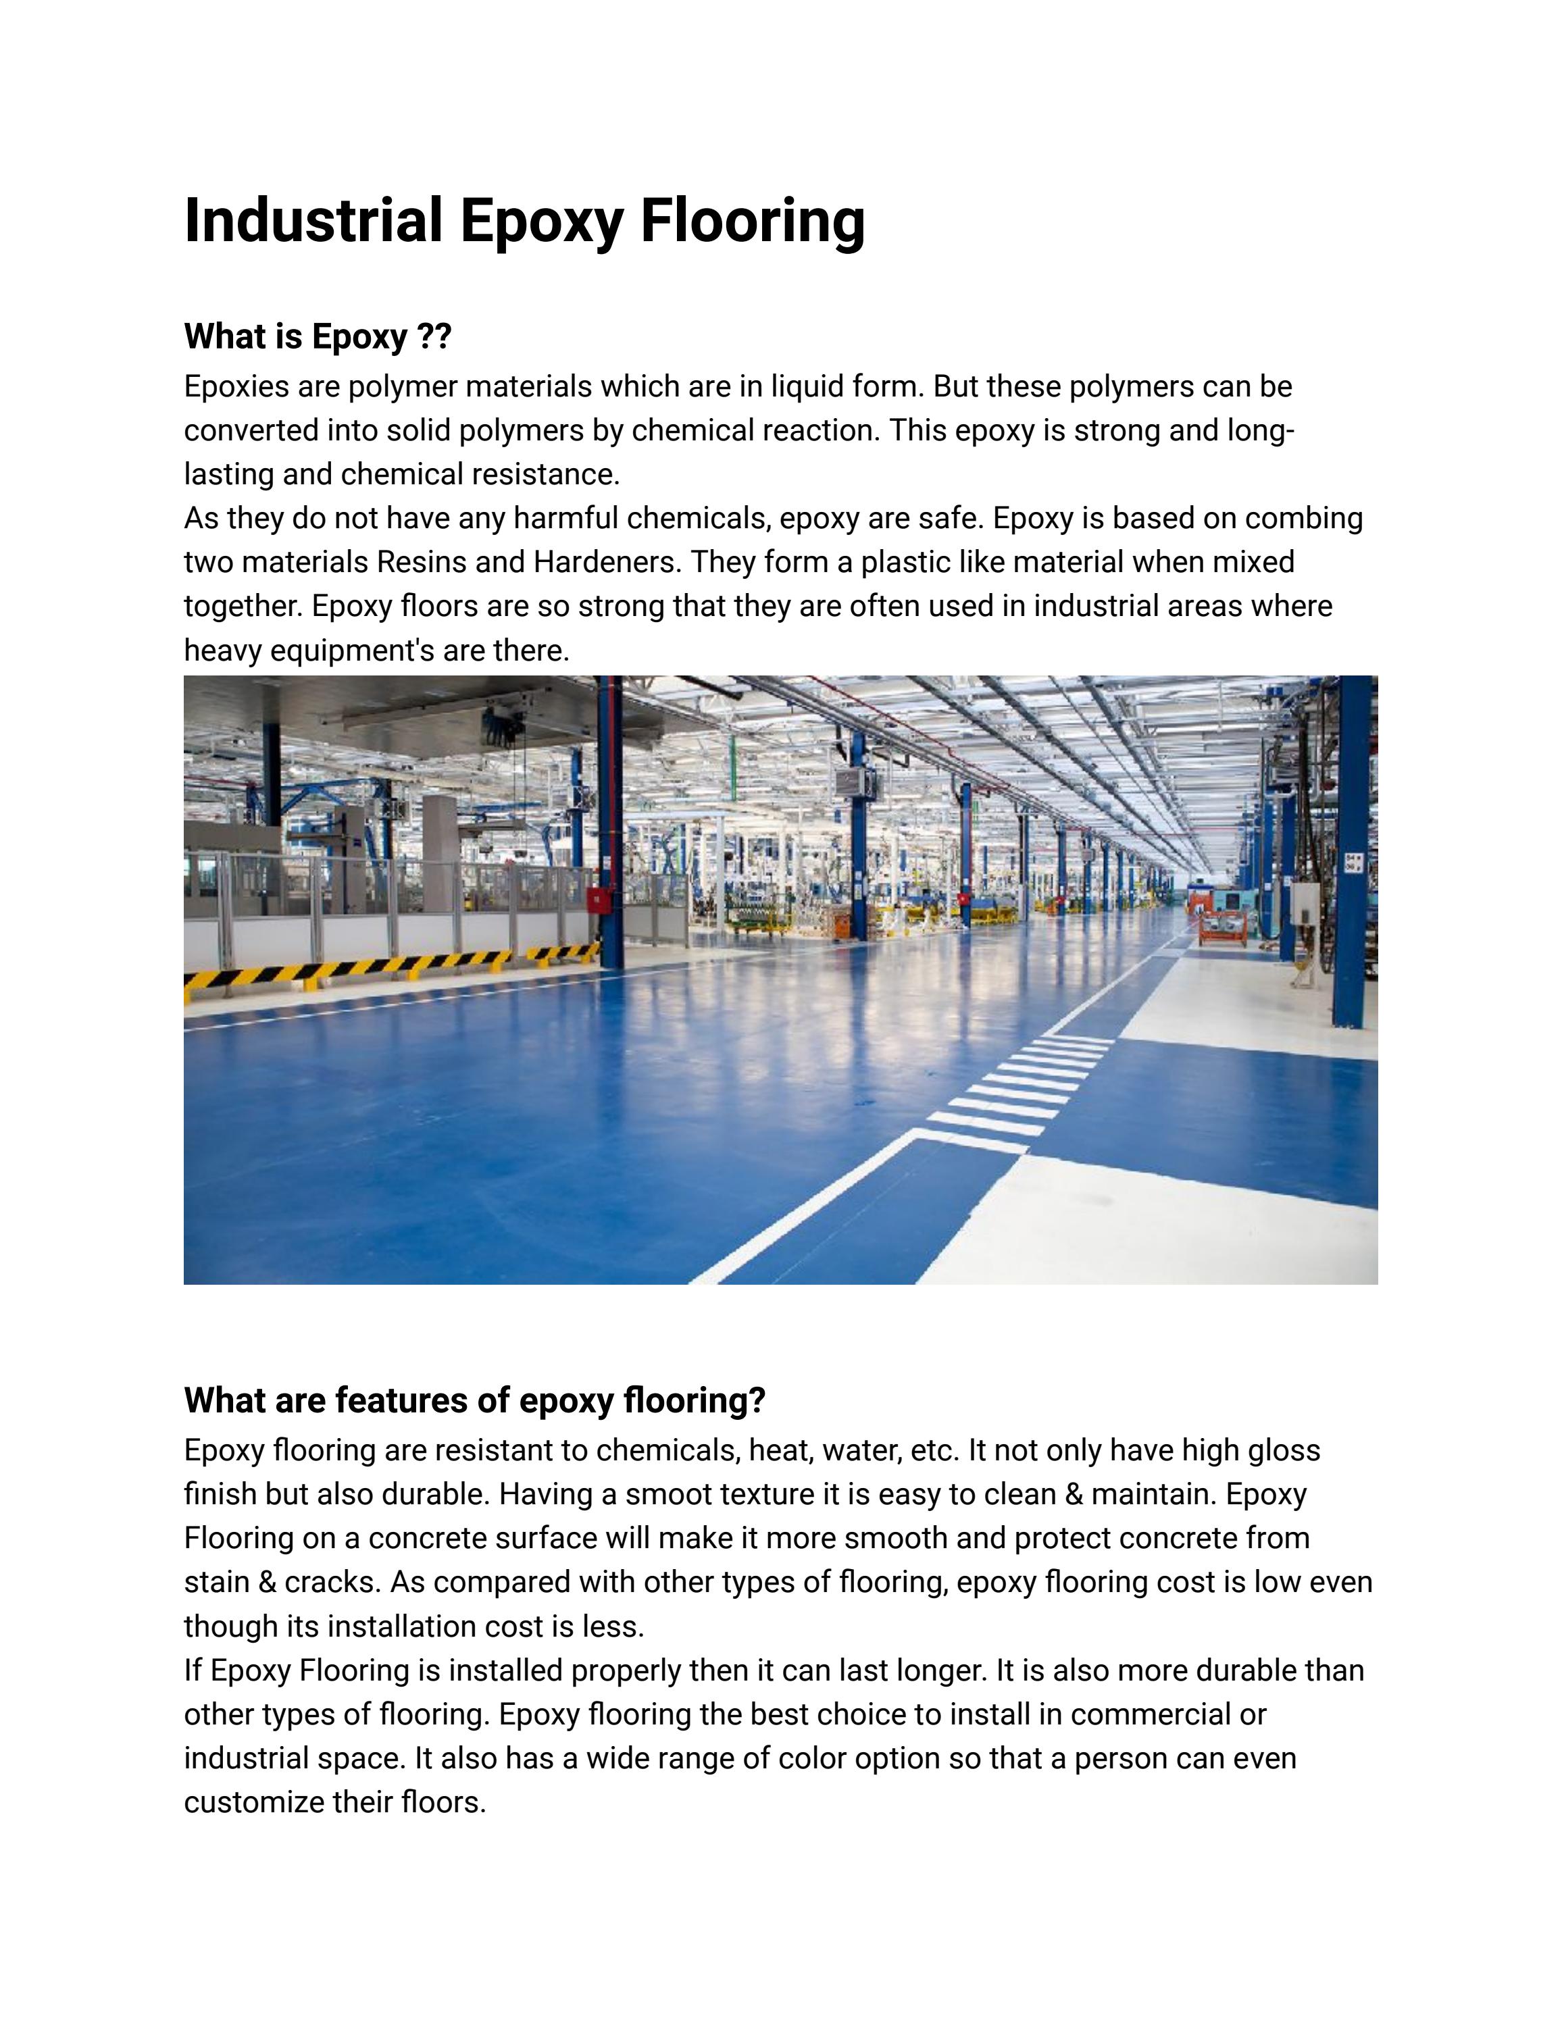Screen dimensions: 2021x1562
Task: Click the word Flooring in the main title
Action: pyautogui.click(x=753, y=220)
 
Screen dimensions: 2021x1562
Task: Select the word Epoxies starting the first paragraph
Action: pyautogui.click(x=237, y=387)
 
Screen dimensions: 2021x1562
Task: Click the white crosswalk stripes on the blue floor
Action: pyautogui.click(x=1018, y=1092)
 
